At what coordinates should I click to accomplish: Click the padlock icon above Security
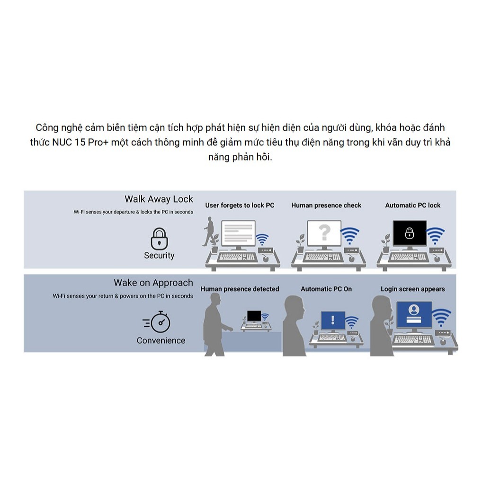click(x=159, y=239)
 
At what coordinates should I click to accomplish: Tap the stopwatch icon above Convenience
click(x=157, y=322)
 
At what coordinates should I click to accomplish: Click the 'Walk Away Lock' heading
click(x=159, y=199)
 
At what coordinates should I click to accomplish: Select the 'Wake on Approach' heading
click(x=153, y=283)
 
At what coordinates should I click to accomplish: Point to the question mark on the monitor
click(x=324, y=232)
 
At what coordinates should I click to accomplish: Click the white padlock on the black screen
click(x=410, y=233)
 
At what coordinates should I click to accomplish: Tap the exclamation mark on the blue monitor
click(x=332, y=320)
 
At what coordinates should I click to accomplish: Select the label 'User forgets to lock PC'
click(x=240, y=205)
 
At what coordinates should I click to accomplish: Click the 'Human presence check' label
click(x=326, y=205)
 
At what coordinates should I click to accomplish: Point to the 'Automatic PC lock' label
click(x=413, y=205)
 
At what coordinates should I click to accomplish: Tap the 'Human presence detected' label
click(x=240, y=289)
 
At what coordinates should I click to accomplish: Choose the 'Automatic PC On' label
click(x=326, y=289)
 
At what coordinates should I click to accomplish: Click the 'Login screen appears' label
click(x=413, y=289)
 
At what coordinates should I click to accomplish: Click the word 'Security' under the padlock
click(x=159, y=256)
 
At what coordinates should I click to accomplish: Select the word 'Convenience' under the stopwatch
click(x=161, y=340)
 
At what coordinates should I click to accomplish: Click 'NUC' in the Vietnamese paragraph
click(x=62, y=143)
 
